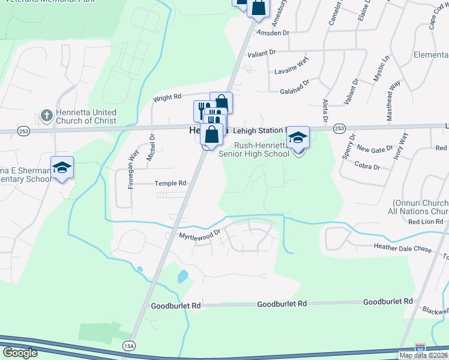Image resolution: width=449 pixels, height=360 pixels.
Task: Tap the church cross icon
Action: click(46, 115)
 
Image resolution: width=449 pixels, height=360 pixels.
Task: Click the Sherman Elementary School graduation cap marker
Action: click(62, 169)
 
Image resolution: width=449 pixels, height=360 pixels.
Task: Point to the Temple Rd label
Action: click(171, 183)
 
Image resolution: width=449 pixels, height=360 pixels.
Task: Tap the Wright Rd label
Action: click(167, 97)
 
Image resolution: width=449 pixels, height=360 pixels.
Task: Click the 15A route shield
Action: click(129, 346)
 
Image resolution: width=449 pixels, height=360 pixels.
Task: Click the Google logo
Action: click(20, 353)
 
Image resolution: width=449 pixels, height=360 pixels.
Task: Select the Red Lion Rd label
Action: click(425, 222)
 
